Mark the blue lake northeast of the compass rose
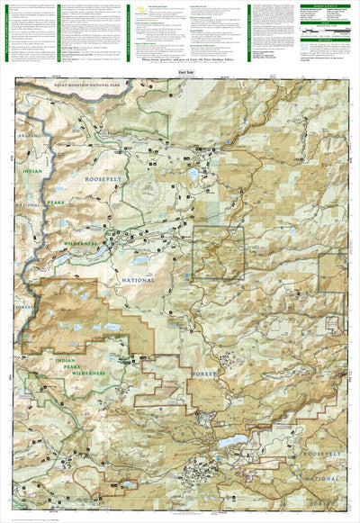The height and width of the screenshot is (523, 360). coord(193,174)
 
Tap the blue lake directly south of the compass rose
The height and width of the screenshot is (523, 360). coord(141,260)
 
